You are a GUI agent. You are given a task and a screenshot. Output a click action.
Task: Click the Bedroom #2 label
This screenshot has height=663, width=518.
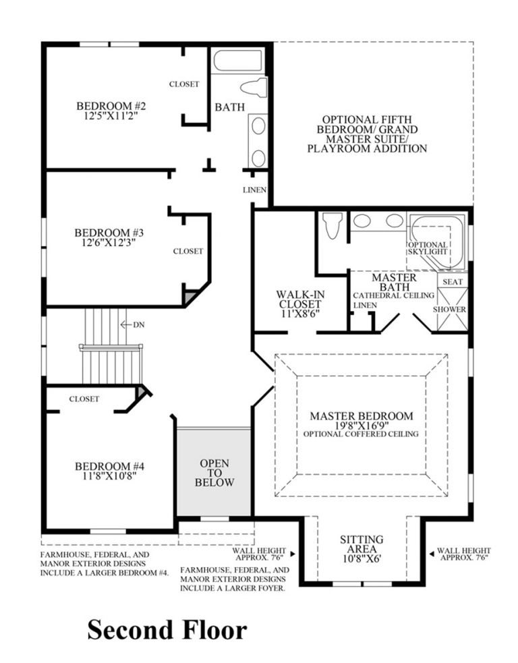[x=111, y=106]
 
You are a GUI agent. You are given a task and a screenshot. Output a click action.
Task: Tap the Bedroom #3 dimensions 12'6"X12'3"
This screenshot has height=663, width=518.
[x=109, y=244]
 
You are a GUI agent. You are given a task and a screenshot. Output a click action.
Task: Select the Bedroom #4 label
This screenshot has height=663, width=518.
[x=109, y=466]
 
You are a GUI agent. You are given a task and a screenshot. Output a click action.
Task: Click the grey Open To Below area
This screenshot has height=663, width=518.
[x=214, y=473]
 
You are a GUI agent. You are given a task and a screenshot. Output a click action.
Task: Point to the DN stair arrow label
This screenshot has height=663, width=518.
[x=138, y=324]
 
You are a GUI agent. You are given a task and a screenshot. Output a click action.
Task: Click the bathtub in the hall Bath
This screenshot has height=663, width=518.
[x=239, y=61]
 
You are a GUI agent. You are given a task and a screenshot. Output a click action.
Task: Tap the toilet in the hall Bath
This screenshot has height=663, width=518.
[x=254, y=88]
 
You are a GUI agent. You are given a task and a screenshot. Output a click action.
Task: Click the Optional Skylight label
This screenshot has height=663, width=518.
[x=428, y=248]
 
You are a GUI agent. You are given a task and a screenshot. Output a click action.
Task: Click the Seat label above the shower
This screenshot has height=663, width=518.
[x=451, y=281]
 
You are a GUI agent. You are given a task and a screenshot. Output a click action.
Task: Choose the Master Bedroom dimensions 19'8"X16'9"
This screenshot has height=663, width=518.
[x=361, y=426]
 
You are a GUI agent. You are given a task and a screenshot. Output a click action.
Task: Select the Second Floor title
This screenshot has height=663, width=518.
[x=167, y=629]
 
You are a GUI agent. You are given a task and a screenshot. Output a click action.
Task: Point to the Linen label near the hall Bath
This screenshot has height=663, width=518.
[x=255, y=190]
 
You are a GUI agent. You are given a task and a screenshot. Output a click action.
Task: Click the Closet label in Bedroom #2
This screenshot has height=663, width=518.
[x=184, y=84]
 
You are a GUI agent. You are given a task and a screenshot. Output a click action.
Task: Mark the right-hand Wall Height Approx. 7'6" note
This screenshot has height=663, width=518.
[x=464, y=554]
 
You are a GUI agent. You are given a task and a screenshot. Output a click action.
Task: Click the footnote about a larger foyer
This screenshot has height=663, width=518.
[x=235, y=579]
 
